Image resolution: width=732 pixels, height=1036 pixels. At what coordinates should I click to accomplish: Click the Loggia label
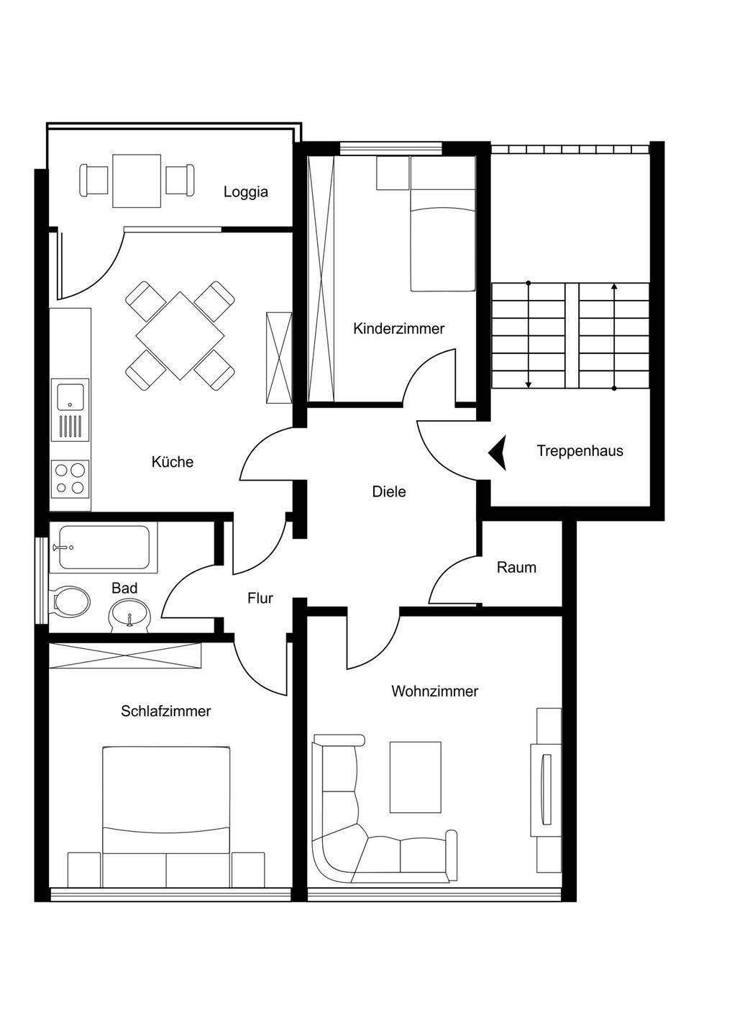[x=245, y=192]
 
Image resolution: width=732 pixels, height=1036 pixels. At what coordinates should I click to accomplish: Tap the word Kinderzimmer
[x=398, y=329]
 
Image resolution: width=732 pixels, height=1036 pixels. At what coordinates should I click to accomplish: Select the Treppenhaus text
[x=580, y=450]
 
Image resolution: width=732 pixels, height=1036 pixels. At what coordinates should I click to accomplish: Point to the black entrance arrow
[x=498, y=453]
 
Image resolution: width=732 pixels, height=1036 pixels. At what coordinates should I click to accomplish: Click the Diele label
[x=388, y=491]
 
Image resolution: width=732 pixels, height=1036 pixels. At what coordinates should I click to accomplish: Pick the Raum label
[x=516, y=568]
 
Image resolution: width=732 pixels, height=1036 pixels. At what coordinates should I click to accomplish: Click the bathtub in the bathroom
[x=104, y=547]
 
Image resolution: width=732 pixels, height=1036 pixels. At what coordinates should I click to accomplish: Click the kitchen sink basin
[x=70, y=395]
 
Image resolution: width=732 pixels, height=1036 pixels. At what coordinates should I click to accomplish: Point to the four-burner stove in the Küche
[x=70, y=479]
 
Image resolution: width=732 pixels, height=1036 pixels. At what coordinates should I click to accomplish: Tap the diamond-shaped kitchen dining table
[x=180, y=335]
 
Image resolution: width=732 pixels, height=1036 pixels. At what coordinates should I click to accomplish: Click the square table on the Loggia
[x=137, y=181]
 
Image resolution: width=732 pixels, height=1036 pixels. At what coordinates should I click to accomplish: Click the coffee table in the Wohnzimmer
[x=416, y=777]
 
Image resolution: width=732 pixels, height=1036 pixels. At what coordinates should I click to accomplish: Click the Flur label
[x=260, y=598]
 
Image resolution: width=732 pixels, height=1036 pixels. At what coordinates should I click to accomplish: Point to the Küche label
[x=173, y=462]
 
